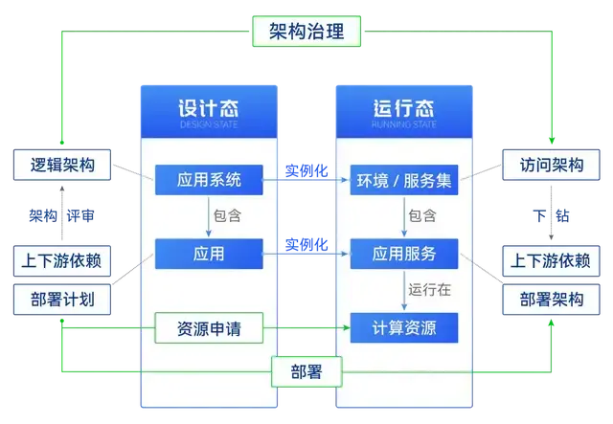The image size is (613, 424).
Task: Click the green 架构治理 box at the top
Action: pos(306,31)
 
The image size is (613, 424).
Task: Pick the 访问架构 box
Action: pos(551,164)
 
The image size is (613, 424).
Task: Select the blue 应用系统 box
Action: pos(209,178)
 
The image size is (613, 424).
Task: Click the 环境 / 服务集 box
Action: pos(403,178)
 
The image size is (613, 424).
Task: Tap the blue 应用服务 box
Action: pos(403,254)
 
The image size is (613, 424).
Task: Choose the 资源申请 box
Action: pos(209,329)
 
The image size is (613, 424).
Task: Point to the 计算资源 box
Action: pos(403,329)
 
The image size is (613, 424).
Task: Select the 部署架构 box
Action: pos(551,300)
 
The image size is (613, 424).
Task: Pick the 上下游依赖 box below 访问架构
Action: pos(551,259)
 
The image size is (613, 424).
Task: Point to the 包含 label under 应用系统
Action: pos(227,215)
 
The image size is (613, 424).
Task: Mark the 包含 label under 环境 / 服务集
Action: pos(422,215)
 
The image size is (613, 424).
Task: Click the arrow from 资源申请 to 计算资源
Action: pos(306,329)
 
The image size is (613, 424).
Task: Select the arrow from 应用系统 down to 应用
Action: pos(209,215)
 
